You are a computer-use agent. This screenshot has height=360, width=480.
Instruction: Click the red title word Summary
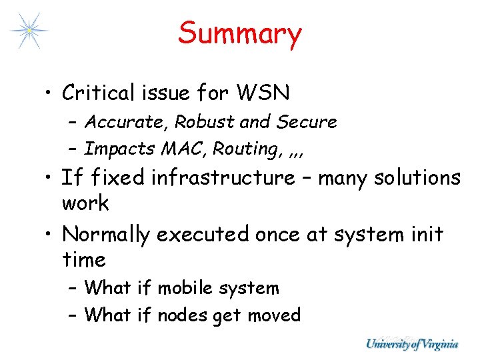(x=240, y=34)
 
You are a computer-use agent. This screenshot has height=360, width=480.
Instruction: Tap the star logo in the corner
(x=29, y=31)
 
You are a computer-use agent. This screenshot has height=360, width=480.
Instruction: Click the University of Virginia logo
(x=411, y=344)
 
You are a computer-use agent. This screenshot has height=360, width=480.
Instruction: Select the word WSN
(x=268, y=93)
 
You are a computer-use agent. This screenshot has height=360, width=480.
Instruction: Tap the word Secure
(x=307, y=123)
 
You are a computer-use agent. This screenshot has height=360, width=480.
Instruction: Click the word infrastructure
(x=223, y=178)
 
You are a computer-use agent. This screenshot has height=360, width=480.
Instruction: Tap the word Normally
(x=107, y=235)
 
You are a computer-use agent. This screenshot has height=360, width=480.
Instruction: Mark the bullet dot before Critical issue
(x=51, y=93)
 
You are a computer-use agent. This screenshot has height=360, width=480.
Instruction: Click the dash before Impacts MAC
(x=74, y=149)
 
